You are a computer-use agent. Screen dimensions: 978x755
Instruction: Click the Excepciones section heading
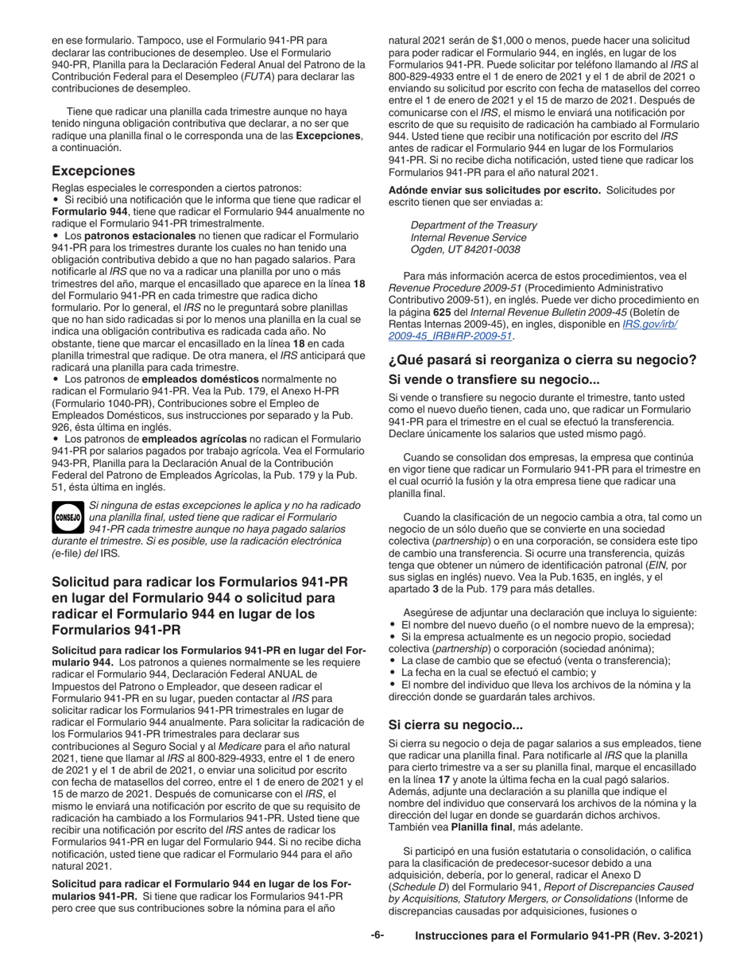click(93, 171)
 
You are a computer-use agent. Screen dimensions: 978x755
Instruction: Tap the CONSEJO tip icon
click(68, 517)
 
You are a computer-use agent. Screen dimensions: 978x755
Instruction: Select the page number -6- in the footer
click(377, 936)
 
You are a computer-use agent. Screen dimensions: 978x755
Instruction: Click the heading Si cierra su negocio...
click(455, 724)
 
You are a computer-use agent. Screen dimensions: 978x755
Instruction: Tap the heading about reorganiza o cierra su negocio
click(542, 360)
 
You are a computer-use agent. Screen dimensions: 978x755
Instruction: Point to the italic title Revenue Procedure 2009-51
click(454, 288)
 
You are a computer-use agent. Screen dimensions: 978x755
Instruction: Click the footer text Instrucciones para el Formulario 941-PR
click(559, 937)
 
